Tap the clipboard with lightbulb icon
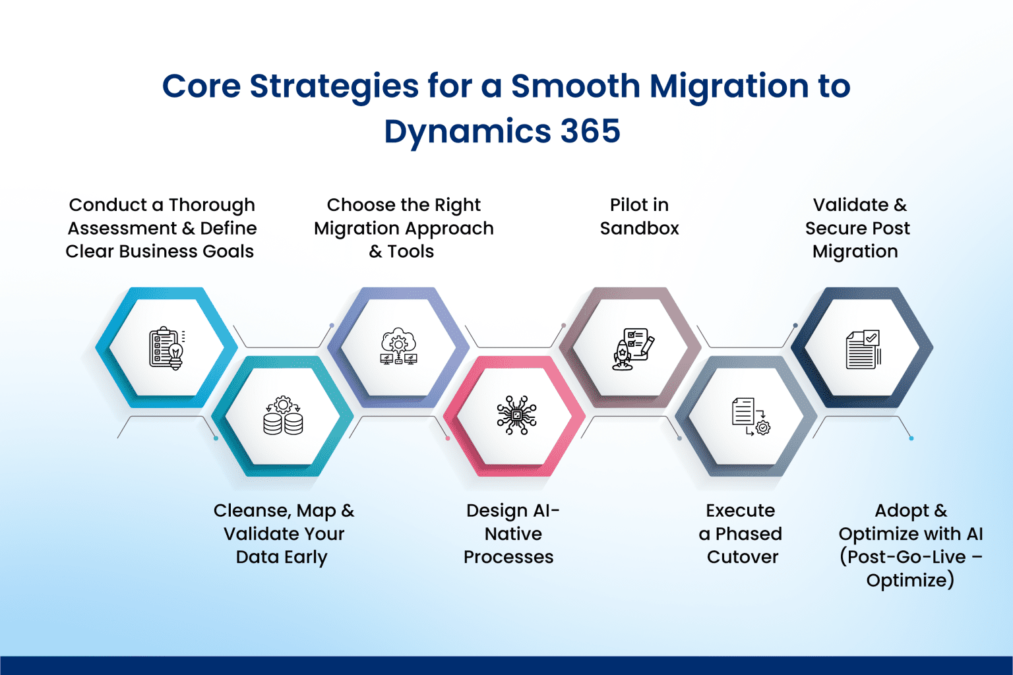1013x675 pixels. coord(166,348)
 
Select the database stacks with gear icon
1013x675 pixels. coord(283,416)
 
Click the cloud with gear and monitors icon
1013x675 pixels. coord(398,347)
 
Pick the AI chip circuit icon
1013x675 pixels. coord(516,415)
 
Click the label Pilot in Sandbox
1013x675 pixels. coord(639,217)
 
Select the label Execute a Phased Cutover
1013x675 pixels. coord(741,534)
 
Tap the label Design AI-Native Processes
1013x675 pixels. coord(511,534)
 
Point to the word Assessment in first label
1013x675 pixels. coord(122,228)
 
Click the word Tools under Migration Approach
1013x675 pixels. coord(410,251)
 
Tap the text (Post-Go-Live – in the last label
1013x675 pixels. coord(911,557)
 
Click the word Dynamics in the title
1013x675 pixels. coord(467,131)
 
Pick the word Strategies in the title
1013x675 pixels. coord(334,86)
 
